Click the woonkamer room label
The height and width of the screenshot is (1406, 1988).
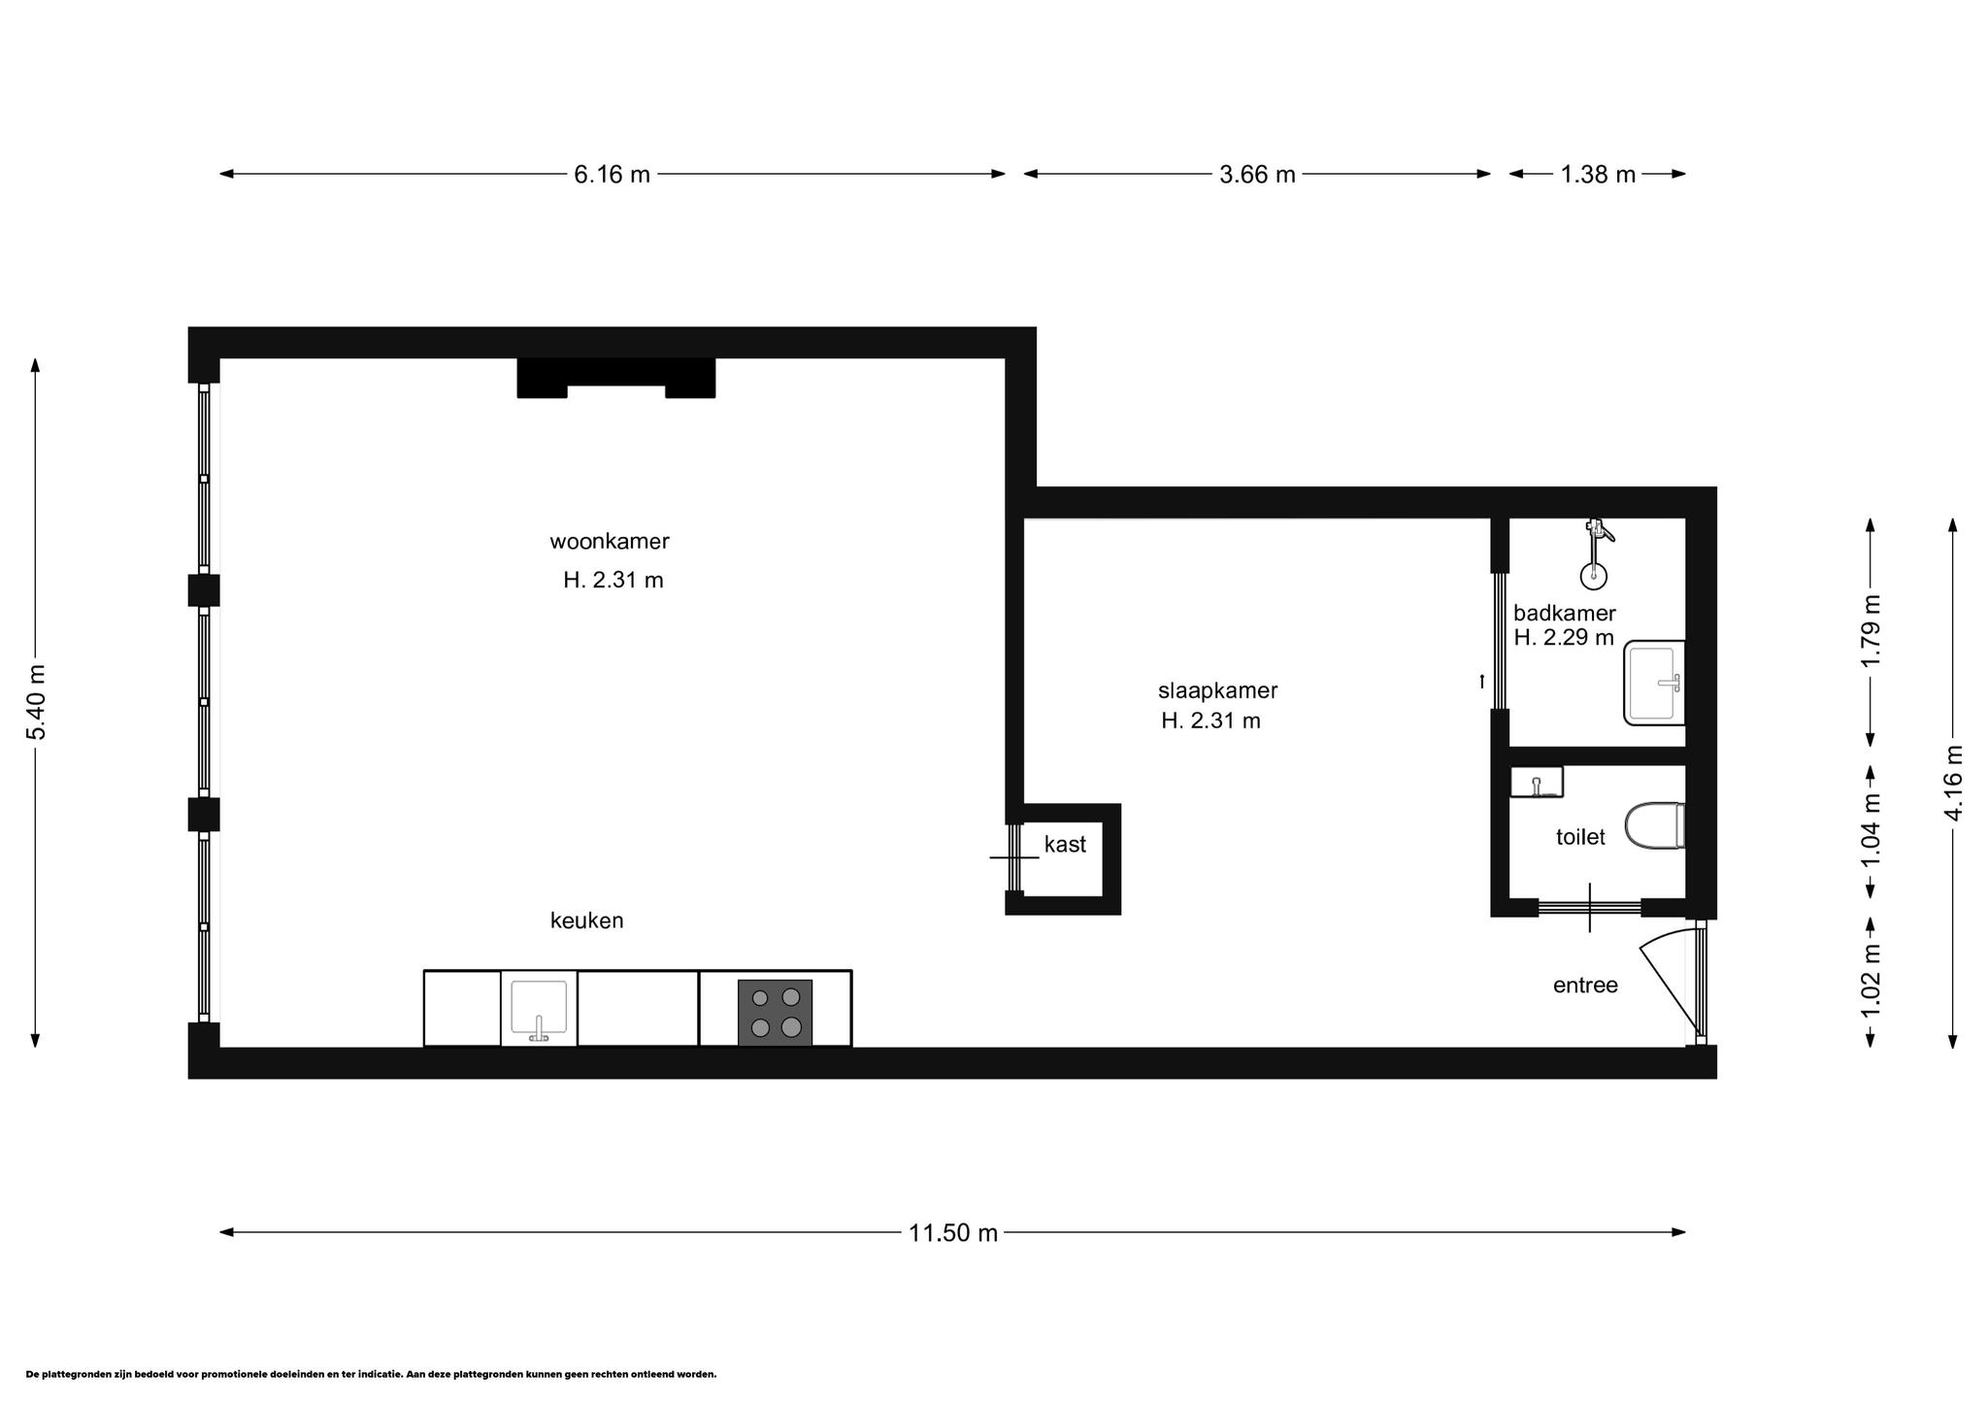point(610,541)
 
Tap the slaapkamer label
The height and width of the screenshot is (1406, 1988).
point(1217,691)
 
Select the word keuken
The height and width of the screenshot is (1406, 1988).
point(586,921)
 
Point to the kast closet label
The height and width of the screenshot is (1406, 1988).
point(1065,845)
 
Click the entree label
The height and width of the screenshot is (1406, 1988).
point(1585,986)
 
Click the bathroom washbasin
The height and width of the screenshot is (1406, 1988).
point(1654,683)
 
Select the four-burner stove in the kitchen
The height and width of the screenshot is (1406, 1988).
point(775,1012)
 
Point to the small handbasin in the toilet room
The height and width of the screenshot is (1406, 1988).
point(1537,782)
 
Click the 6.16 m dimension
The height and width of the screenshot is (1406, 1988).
point(612,175)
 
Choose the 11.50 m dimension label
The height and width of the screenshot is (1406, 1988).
point(952,1233)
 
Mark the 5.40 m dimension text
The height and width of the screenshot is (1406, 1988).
point(36,702)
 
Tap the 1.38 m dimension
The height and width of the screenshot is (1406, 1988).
point(1598,175)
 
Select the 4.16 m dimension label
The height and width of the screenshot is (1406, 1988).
point(1953,783)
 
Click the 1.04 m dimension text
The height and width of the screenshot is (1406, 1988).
point(1871,831)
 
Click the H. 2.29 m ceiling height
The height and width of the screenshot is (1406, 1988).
point(1564,638)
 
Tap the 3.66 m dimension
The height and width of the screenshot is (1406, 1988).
point(1257,175)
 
